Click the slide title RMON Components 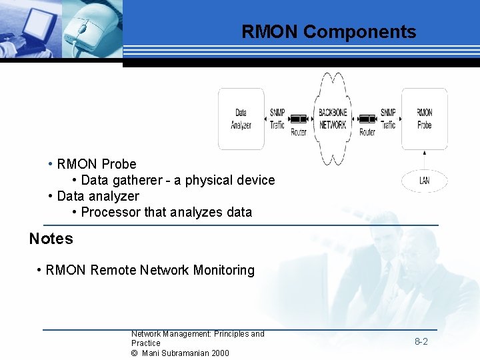click(x=328, y=32)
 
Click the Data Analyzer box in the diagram click(x=241, y=119)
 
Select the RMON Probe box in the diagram click(x=424, y=119)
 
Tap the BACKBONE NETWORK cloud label click(x=332, y=119)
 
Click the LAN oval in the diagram click(x=424, y=181)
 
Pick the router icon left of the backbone click(x=299, y=119)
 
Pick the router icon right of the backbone click(x=367, y=119)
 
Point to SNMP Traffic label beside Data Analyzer click(x=277, y=119)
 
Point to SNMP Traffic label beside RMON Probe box click(x=388, y=119)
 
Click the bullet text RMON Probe click(x=96, y=164)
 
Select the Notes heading click(x=51, y=239)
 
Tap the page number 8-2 click(x=421, y=341)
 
